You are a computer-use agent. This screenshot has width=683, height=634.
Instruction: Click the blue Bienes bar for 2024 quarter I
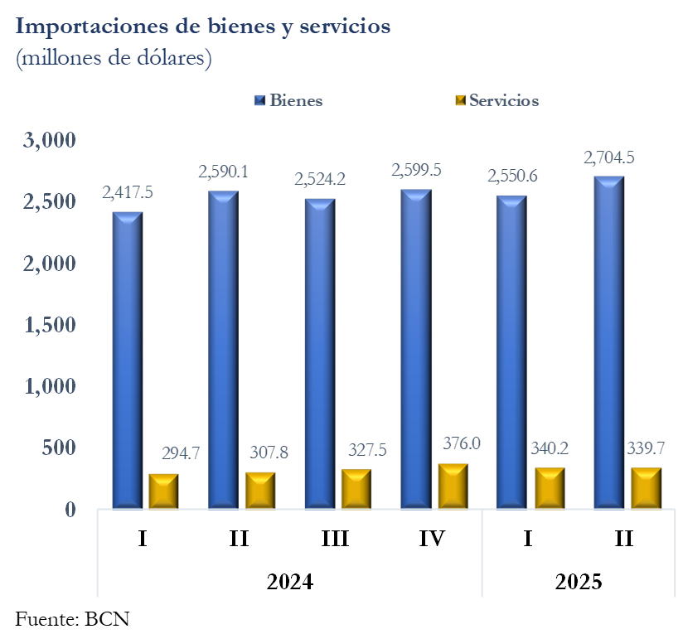128,361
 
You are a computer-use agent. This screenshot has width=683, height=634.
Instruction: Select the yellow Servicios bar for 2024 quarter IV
452,486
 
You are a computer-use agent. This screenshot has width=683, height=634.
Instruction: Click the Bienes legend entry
289,101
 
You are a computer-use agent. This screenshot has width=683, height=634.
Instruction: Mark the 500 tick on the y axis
61,448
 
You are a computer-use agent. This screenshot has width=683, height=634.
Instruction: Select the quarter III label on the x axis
336,540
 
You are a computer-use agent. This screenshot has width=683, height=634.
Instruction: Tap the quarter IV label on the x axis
432,540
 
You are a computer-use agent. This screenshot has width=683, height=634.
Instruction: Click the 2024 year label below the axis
289,581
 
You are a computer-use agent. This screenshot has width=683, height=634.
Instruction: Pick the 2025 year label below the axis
578,581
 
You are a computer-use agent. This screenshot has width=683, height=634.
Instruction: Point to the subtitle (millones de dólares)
114,59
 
